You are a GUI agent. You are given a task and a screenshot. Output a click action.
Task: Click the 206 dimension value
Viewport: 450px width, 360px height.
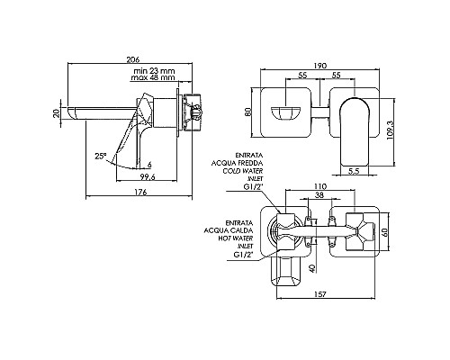tap(133, 59)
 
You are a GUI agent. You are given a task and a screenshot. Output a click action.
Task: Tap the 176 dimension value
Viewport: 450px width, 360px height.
tap(140, 192)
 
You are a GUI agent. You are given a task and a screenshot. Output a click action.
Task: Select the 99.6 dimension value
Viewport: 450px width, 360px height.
tap(147, 177)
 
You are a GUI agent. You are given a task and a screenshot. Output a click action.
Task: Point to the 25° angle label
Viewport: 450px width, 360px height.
tap(101, 156)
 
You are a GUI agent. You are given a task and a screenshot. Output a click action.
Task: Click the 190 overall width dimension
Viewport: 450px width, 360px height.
tap(320, 66)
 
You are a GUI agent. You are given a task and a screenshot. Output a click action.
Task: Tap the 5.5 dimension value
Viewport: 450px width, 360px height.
tap(355, 171)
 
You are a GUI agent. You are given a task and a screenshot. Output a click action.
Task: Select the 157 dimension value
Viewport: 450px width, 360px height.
tap(320, 294)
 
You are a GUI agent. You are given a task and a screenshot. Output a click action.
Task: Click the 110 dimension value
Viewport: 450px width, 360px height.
tap(320, 186)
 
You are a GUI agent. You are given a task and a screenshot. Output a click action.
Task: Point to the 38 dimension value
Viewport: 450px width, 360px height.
tap(319, 195)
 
